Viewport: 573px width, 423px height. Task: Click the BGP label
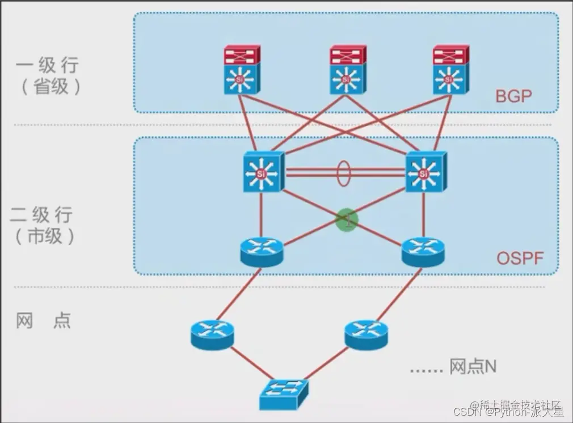[513, 95]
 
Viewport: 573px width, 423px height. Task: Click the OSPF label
[520, 259]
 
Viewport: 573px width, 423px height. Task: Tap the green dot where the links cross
[347, 219]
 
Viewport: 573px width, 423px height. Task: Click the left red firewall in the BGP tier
[241, 55]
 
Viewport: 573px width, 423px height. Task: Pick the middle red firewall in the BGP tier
[348, 55]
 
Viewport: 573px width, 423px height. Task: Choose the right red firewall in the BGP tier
[450, 55]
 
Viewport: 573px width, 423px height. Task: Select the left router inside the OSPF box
[261, 251]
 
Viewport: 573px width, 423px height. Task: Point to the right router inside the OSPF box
[423, 251]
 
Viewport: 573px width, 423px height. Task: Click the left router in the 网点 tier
[212, 333]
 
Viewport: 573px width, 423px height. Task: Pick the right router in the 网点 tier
[366, 333]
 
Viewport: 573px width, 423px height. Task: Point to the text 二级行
[42, 215]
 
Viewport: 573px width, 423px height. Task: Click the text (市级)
[43, 236]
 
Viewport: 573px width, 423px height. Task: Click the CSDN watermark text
[468, 410]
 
